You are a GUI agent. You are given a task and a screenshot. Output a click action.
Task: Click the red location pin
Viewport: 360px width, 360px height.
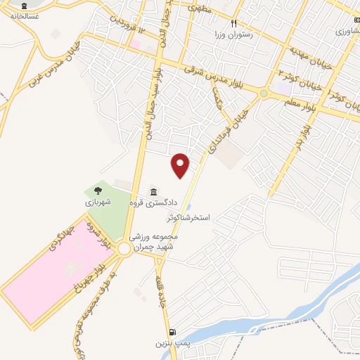point(181,165)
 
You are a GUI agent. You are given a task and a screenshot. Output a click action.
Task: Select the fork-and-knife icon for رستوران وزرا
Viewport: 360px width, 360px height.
point(224,23)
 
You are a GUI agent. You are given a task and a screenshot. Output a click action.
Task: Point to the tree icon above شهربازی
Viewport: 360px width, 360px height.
point(98,190)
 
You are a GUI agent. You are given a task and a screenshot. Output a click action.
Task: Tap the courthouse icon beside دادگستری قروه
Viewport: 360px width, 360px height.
point(153,191)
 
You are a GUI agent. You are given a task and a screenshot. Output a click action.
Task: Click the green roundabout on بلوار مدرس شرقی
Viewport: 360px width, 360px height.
point(264,93)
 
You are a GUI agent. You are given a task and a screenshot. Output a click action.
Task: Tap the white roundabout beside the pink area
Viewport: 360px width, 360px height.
point(124,248)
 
